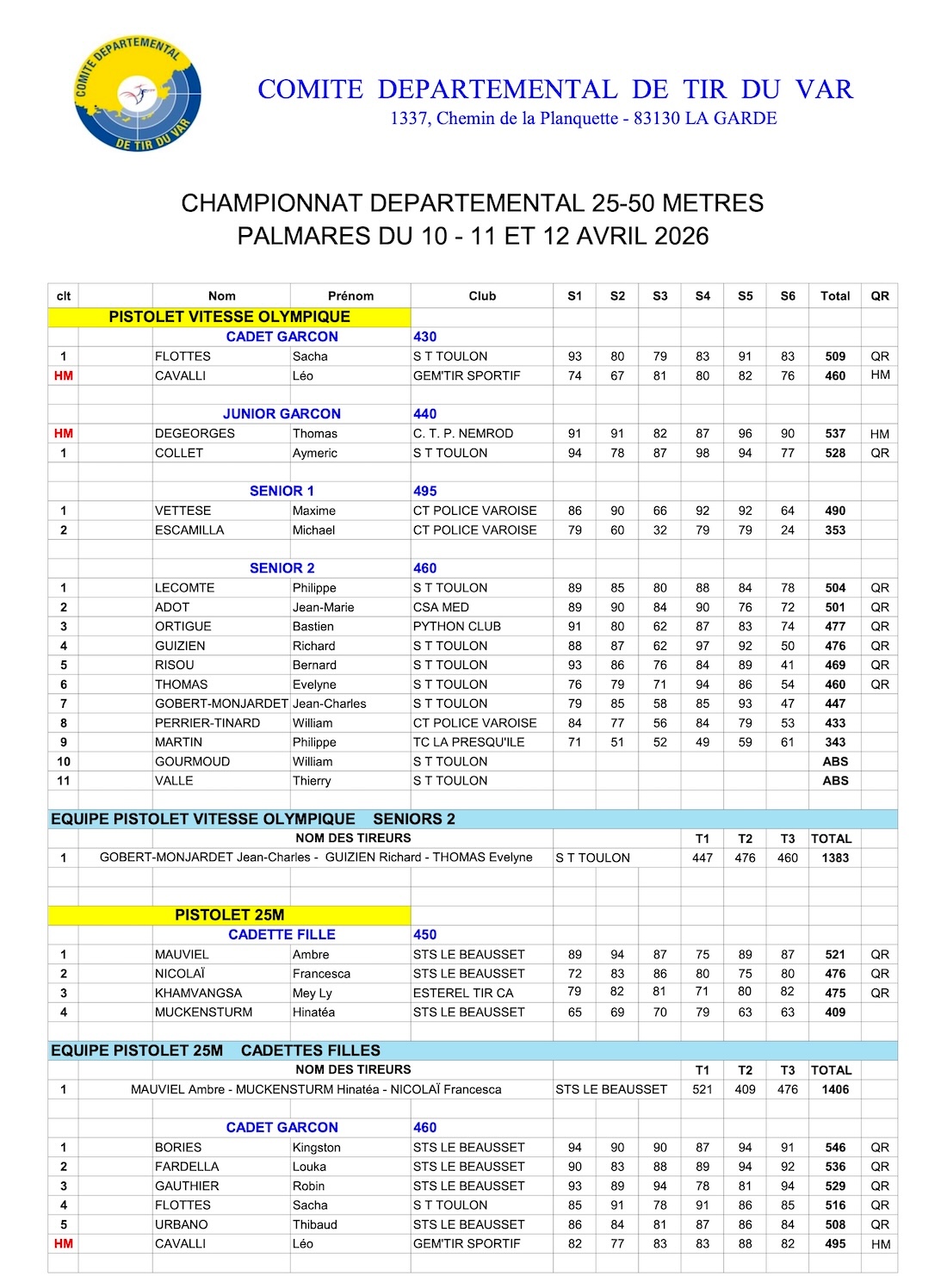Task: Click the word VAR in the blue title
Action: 824,90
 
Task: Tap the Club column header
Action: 482,296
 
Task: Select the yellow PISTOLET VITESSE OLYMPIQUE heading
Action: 229,317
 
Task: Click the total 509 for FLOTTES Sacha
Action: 835,356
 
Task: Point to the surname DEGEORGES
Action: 195,434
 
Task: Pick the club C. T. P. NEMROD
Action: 463,434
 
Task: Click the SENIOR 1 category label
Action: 282,492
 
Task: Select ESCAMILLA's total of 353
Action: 835,530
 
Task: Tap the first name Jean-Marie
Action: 323,608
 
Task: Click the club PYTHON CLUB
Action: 456,627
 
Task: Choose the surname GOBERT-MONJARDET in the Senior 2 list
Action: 221,704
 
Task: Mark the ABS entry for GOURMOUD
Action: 835,762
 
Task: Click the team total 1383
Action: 835,858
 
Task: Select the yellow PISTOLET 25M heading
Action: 229,915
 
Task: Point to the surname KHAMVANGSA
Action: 198,994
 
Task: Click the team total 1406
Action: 835,1090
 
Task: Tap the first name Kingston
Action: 316,1148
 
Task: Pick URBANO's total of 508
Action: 835,1225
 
